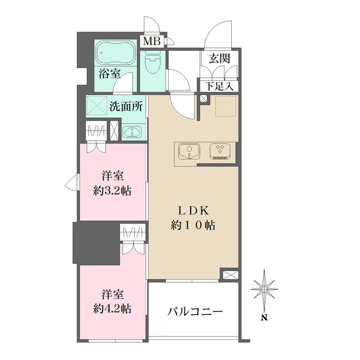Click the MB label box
[151, 41]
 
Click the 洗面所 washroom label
[126, 105]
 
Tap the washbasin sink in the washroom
[133, 133]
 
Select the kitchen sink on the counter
[190, 152]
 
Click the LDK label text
[193, 211]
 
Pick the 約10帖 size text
[193, 226]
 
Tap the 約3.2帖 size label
[112, 190]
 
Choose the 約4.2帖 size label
[112, 308]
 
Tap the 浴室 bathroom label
[110, 73]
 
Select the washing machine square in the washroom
[96, 105]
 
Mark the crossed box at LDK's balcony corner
[230, 275]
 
